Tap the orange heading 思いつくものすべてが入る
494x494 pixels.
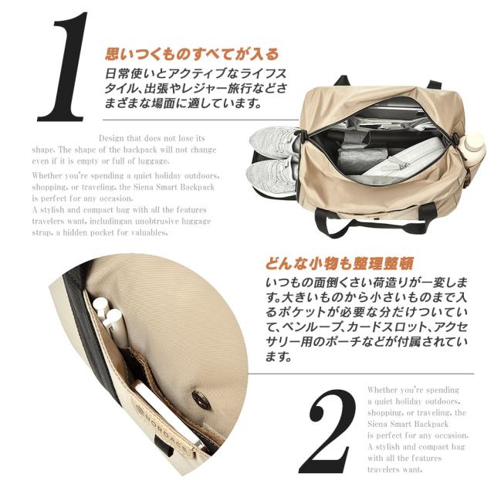[x=191, y=55]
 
